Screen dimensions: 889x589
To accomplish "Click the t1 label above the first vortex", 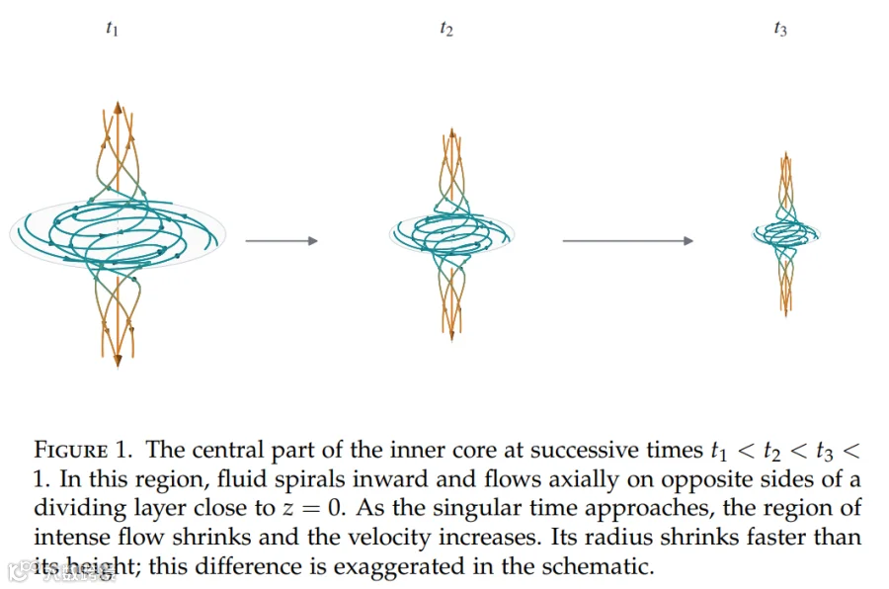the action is click(x=113, y=29).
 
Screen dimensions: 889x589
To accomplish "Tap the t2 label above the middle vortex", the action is click(x=446, y=29).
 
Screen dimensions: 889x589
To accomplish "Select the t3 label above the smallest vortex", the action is click(x=780, y=29).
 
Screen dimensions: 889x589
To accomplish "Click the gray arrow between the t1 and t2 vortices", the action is click(x=282, y=240).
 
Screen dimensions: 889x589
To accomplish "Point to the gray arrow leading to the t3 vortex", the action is click(x=627, y=240).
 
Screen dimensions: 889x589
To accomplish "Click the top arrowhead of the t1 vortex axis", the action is click(x=118, y=108).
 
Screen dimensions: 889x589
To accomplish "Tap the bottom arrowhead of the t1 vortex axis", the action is click(x=118, y=361).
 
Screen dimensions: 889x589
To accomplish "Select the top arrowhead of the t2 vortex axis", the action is click(x=451, y=132).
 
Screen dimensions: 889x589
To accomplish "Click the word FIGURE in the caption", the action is click(x=71, y=450).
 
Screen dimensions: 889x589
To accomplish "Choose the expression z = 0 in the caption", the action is click(x=313, y=508).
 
